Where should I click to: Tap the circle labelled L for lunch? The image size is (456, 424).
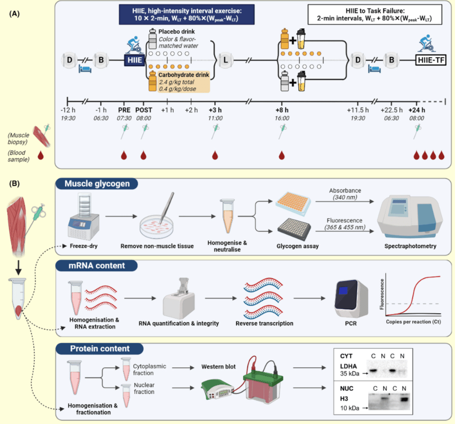click(x=226, y=60)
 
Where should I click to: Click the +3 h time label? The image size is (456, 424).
click(x=215, y=110)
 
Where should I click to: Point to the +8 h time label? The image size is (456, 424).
click(x=282, y=110)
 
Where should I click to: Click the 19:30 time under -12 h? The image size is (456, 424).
click(x=68, y=118)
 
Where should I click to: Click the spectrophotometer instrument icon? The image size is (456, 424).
click(x=409, y=215)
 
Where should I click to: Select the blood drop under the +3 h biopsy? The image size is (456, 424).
click(x=215, y=155)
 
